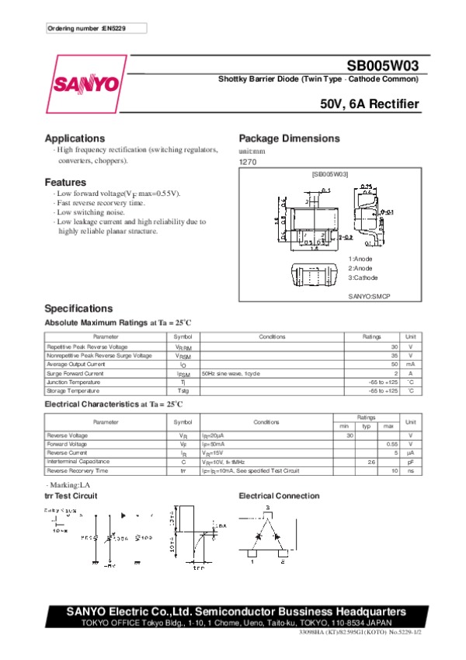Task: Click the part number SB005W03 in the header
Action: click(x=383, y=68)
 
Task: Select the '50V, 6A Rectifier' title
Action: click(x=370, y=104)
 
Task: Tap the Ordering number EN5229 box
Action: click(x=96, y=28)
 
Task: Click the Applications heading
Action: click(x=75, y=138)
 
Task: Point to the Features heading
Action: click(x=65, y=182)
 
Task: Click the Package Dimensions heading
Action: click(x=289, y=138)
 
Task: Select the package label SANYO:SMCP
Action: click(x=369, y=296)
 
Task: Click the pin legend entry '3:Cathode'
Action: click(x=363, y=278)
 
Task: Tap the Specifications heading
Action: click(x=78, y=309)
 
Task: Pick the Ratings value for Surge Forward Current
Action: click(x=395, y=374)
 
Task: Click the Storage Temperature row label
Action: click(x=75, y=391)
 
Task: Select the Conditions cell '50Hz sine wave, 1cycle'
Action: click(x=231, y=374)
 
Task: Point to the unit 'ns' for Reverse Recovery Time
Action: click(x=411, y=470)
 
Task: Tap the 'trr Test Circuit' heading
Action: click(x=71, y=495)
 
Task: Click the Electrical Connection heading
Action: click(x=279, y=495)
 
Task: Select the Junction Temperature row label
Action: click(x=75, y=382)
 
